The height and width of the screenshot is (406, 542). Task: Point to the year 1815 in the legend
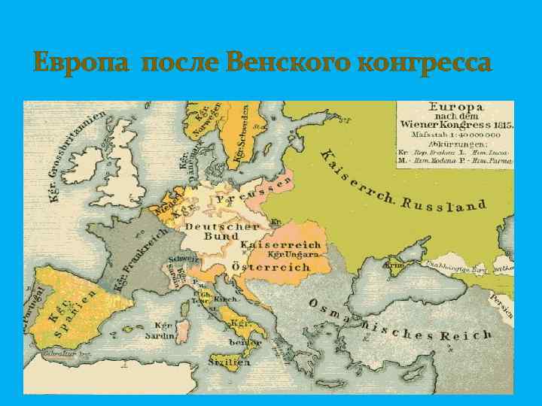pyautogui.click(x=499, y=124)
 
